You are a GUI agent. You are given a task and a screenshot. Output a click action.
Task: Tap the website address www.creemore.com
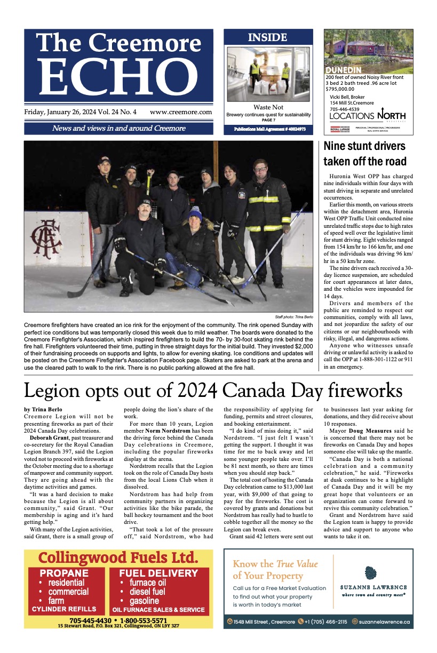[181, 112]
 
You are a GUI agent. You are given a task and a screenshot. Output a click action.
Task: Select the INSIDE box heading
[267, 37]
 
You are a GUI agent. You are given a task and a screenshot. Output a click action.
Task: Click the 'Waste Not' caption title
[268, 107]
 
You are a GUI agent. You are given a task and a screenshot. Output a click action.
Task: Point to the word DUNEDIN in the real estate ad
[344, 70]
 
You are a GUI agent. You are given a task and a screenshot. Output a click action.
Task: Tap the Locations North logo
[367, 116]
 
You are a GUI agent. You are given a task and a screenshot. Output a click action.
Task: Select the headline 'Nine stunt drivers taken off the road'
[365, 154]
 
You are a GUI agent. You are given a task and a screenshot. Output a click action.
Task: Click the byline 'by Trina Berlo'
[42, 410]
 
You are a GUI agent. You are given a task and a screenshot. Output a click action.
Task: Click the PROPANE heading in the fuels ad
[64, 574]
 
